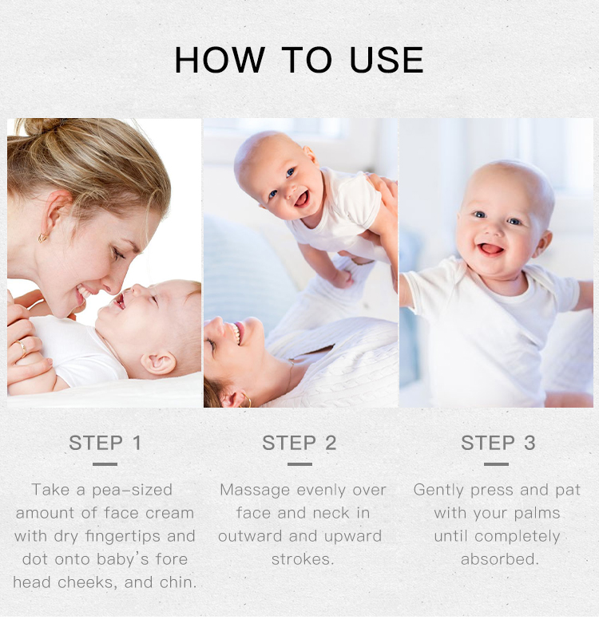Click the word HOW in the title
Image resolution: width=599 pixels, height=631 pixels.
point(220,60)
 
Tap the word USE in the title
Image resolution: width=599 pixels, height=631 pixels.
point(387,60)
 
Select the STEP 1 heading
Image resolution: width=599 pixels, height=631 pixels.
point(105,443)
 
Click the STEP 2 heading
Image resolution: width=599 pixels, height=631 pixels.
point(299,443)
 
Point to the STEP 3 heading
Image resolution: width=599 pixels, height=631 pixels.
point(498,443)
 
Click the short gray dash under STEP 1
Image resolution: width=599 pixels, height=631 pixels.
point(105,464)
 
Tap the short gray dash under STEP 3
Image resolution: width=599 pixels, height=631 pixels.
point(496,464)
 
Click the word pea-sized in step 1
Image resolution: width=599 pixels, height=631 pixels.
point(132,490)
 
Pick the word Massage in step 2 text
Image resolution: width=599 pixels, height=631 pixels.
point(255,490)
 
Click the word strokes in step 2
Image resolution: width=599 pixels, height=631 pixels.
point(303,559)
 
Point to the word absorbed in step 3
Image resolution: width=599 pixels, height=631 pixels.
point(499,559)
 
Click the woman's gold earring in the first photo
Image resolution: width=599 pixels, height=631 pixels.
point(43,238)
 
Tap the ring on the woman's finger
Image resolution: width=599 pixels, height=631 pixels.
point(22,349)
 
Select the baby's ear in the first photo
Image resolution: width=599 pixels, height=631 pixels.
point(158,362)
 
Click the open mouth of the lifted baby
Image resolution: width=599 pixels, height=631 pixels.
point(303,199)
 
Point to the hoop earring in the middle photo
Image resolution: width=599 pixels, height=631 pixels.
point(246,400)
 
